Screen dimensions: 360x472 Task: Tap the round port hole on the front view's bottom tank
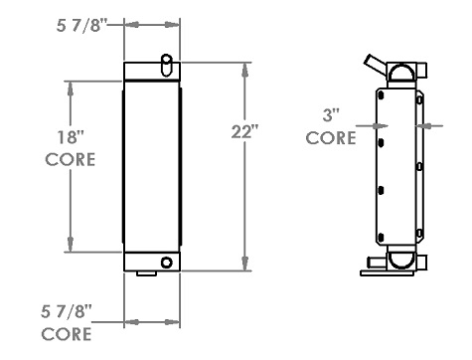(x=166, y=263)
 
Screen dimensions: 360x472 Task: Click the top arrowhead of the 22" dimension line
(x=243, y=67)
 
